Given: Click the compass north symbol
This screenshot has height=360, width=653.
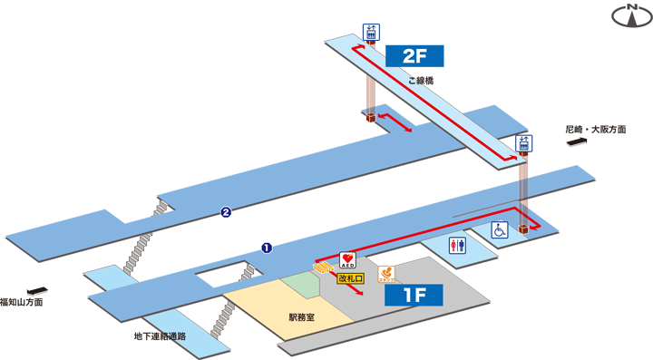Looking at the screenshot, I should tap(628, 15).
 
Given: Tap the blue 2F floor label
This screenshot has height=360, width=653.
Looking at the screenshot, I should tap(414, 55).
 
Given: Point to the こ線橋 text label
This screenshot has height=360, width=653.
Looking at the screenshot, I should tap(421, 81).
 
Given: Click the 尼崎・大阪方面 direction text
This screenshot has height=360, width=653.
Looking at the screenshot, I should tap(596, 130).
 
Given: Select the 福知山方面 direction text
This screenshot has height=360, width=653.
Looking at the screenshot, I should tap(22, 300).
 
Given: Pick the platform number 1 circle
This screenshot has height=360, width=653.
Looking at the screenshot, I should tap(267, 246).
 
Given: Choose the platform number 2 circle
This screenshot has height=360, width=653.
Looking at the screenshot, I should tap(226, 214).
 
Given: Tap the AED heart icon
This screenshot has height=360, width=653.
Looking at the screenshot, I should tap(346, 261).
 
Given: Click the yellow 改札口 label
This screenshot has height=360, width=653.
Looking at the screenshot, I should tap(349, 278).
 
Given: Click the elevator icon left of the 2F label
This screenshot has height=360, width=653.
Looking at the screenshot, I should tap(372, 32).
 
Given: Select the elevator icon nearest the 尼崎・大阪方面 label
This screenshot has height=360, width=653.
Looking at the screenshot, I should tap(523, 142).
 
